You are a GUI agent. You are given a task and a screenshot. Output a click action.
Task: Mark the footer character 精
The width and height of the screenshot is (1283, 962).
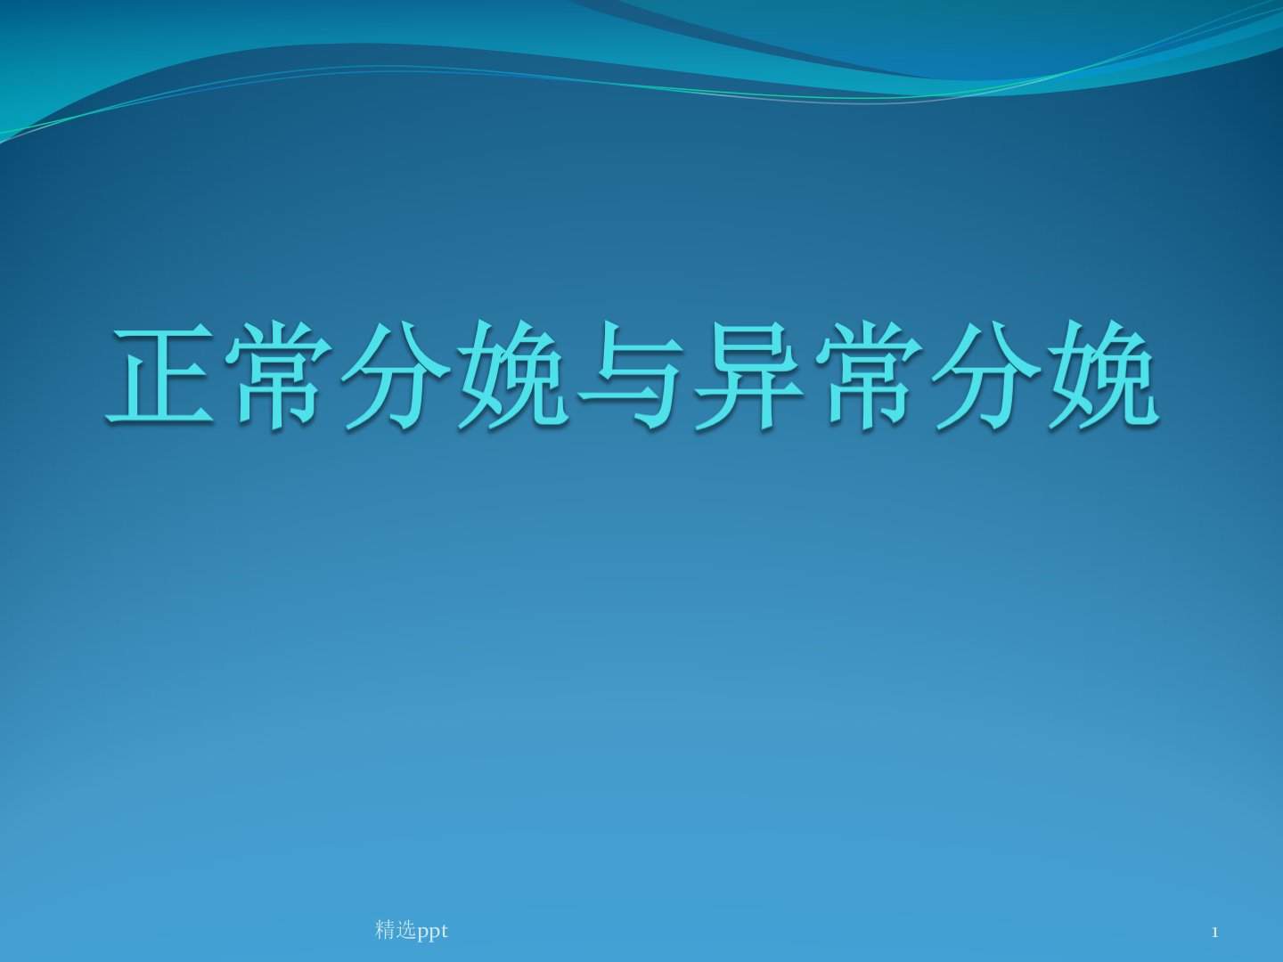[385, 930]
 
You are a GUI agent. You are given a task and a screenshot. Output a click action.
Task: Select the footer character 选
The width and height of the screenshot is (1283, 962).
[405, 930]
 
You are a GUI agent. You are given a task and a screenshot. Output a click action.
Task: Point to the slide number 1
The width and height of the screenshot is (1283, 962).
[1215, 933]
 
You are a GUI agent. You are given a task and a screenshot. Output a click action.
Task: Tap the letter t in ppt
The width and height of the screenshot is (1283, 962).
[445, 931]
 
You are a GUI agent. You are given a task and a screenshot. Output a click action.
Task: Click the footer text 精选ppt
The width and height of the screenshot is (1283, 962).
[412, 931]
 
